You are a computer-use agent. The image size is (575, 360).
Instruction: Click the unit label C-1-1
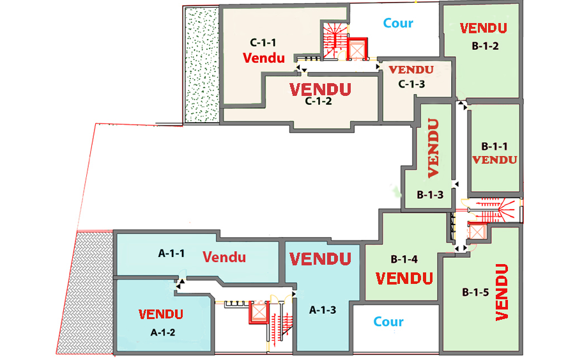pos(263,43)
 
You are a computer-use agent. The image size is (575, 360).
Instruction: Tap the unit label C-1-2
pos(318,100)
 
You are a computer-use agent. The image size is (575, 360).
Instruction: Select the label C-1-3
pos(411,84)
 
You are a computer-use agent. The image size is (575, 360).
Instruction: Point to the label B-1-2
pos(485,45)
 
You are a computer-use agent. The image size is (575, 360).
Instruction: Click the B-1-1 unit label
pos(494,146)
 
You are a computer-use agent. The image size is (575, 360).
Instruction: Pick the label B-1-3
pos(430,194)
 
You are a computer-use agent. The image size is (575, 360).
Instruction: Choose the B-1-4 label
pos(404,260)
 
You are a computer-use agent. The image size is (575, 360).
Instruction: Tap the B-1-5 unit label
pos(475,292)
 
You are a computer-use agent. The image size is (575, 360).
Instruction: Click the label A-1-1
pos(171,253)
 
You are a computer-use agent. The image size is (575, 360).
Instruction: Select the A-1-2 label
pos(162,332)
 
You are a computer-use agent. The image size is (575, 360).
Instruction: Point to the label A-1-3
pos(323,310)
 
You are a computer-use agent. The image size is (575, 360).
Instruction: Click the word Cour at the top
pos(398,23)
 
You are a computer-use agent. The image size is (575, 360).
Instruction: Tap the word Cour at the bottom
pos(388,322)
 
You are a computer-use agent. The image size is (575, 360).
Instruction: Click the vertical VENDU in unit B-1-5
pos(502,292)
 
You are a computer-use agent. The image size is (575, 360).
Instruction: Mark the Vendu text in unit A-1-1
pos(224,257)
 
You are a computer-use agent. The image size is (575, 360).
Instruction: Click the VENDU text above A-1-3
pos(321,259)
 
